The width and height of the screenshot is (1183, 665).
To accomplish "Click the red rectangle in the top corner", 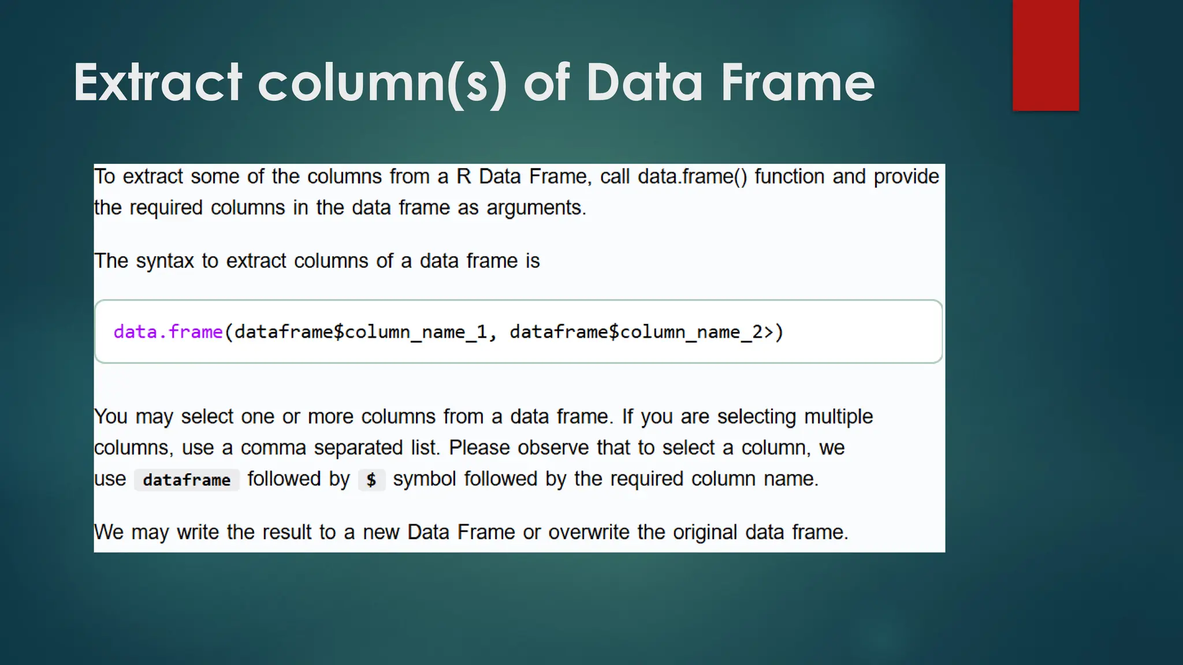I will pyautogui.click(x=1046, y=55).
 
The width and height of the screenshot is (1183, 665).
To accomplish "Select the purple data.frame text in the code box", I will pyautogui.click(x=168, y=332).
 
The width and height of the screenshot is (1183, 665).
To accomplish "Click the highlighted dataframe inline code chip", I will pyautogui.click(x=187, y=480).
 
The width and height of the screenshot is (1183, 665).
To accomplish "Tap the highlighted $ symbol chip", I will pyautogui.click(x=371, y=480).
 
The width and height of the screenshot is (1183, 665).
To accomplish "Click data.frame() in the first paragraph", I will pyautogui.click(x=692, y=177).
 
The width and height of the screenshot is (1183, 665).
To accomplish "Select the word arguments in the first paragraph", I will pyautogui.click(x=535, y=208).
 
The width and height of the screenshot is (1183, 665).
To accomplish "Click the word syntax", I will pyautogui.click(x=165, y=261).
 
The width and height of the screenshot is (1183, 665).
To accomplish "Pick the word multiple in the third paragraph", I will pyautogui.click(x=838, y=417).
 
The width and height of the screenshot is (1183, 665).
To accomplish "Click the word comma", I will pyautogui.click(x=273, y=448).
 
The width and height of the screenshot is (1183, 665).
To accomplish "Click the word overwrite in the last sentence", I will pyautogui.click(x=589, y=532).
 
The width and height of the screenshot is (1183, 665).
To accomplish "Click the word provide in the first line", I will pyautogui.click(x=906, y=177).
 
